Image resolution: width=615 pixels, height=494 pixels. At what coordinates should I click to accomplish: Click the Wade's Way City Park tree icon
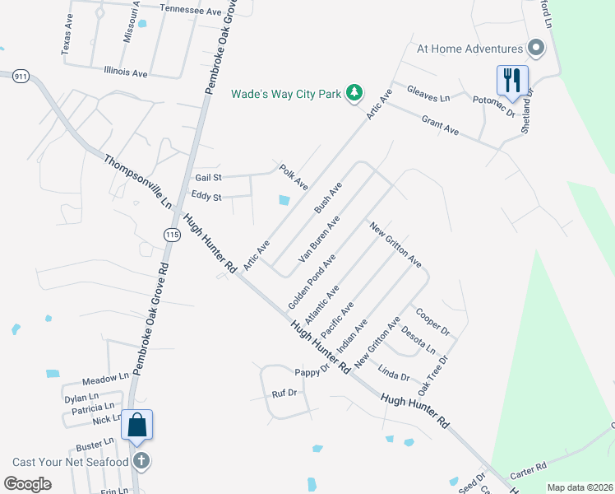pyautogui.click(x=354, y=93)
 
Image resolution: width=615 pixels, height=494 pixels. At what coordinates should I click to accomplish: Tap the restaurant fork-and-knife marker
pyautogui.click(x=511, y=80)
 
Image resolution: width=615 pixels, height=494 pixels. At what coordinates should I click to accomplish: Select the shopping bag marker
pyautogui.click(x=137, y=426)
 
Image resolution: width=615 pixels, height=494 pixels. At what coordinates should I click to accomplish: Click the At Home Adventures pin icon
pyautogui.click(x=537, y=49)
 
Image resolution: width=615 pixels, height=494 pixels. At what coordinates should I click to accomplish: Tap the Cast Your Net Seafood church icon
pyautogui.click(x=141, y=461)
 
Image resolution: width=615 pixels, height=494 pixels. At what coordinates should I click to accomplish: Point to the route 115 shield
pyautogui.click(x=171, y=235)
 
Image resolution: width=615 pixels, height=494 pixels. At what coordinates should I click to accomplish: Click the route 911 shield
pyautogui.click(x=21, y=77)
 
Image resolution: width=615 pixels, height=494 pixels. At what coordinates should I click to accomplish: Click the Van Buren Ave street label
pyautogui.click(x=320, y=239)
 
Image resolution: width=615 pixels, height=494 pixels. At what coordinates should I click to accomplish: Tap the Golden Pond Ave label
pyautogui.click(x=312, y=282)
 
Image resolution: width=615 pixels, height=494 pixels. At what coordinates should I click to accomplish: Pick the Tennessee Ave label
pyautogui.click(x=192, y=12)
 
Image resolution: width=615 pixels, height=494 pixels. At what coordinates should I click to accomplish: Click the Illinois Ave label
pyautogui.click(x=126, y=73)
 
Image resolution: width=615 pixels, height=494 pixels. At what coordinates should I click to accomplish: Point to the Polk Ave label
pyautogui.click(x=294, y=176)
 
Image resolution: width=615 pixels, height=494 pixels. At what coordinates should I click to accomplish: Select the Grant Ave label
pyautogui.click(x=440, y=125)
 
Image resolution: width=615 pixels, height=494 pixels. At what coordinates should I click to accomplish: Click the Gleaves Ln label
pyautogui.click(x=433, y=97)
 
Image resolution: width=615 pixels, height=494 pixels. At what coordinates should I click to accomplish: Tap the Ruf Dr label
pyautogui.click(x=284, y=394)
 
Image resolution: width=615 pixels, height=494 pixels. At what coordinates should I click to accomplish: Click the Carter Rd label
pyautogui.click(x=529, y=468)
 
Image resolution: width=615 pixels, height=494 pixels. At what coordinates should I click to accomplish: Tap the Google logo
pyautogui.click(x=28, y=484)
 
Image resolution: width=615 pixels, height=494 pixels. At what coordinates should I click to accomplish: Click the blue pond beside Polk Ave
pyautogui.click(x=284, y=199)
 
